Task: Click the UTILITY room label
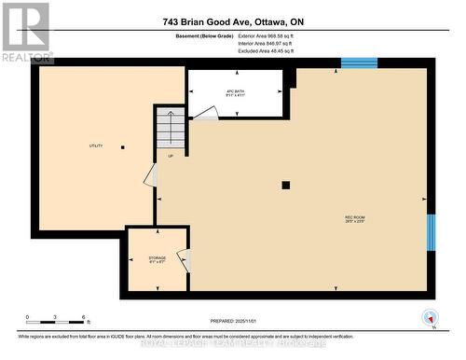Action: (95, 145)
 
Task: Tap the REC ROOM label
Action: (355, 220)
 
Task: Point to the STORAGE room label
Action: (158, 259)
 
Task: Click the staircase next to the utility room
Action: (171, 128)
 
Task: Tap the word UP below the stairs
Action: (171, 156)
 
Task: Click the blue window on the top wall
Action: (358, 63)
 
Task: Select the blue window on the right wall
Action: (431, 232)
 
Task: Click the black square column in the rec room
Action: (286, 185)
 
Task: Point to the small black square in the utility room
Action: (122, 146)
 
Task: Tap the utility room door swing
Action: (150, 174)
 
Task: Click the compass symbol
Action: (429, 315)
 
